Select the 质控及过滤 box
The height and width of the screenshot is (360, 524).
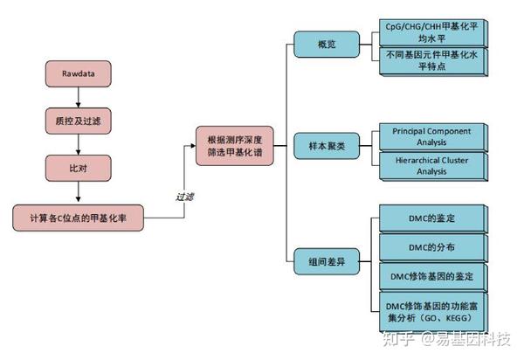pos(78,117)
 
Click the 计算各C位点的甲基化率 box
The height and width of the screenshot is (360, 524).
pos(78,217)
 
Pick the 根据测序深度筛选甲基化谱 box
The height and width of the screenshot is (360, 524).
pos(235,145)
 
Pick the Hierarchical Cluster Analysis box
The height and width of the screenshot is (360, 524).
pos(432,165)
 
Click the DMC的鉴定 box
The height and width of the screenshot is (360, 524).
pos(432,217)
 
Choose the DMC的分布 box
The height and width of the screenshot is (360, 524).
pos(432,246)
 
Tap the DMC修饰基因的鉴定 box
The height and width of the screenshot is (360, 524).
pos(432,276)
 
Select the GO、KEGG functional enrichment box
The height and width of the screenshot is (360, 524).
pos(432,312)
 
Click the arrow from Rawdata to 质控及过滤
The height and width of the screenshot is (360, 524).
pos(78,95)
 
